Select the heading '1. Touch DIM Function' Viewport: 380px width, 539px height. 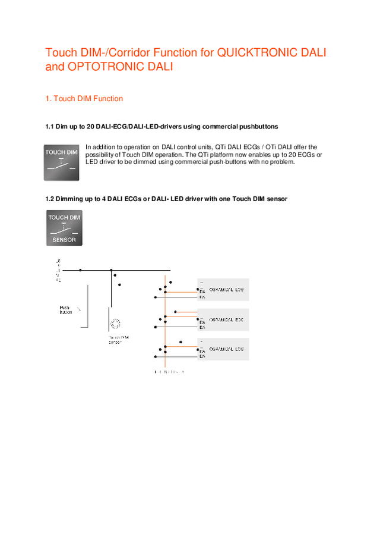click(x=84, y=98)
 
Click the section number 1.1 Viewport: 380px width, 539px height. click(x=50, y=127)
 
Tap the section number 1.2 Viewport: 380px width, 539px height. click(x=50, y=199)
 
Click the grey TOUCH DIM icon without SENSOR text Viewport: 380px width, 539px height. click(x=62, y=162)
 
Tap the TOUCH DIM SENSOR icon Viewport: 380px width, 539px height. click(x=64, y=228)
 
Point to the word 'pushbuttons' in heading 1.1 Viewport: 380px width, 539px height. click(x=258, y=127)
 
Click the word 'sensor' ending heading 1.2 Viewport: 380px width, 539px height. click(x=275, y=199)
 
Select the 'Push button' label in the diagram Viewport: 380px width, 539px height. click(x=65, y=310)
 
